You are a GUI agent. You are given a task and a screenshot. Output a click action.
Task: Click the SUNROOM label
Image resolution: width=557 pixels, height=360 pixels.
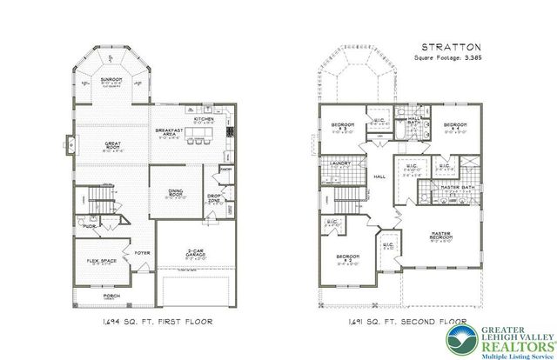115,78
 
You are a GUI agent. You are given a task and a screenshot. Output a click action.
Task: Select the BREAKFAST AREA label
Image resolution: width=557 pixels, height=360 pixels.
167,132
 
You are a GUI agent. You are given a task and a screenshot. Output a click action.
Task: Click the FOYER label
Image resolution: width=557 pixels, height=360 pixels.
142,255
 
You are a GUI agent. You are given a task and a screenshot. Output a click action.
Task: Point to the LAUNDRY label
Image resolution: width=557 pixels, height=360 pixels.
341,163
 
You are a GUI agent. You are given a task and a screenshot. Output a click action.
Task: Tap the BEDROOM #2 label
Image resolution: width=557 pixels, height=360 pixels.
348,258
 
